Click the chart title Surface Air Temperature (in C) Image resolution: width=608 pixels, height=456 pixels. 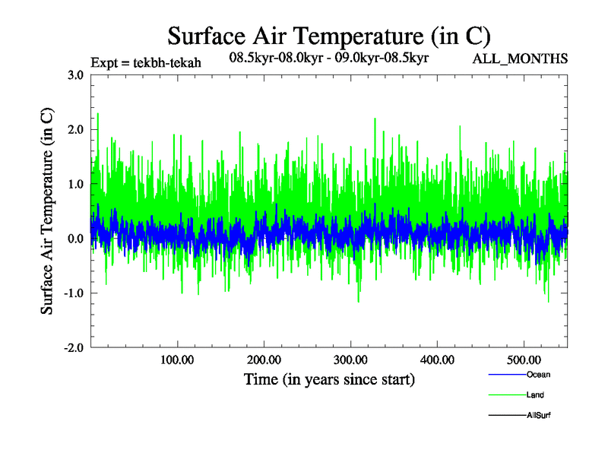[328, 36]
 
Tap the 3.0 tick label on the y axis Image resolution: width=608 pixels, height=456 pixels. [74, 74]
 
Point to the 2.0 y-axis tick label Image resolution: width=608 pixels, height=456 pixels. [74, 129]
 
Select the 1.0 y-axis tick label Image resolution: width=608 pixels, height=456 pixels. [74, 184]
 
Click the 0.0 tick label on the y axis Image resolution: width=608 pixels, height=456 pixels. [74, 239]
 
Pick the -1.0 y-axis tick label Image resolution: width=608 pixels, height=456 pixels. [73, 293]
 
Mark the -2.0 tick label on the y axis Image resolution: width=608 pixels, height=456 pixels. [73, 348]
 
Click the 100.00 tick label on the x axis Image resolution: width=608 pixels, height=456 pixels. [177, 360]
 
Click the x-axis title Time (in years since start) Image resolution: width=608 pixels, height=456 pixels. [329, 379]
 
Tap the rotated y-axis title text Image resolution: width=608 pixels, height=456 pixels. [47, 211]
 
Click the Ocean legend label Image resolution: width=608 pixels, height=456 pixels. [538, 375]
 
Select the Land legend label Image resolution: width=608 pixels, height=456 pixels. [535, 395]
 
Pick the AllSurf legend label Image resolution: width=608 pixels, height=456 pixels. [538, 416]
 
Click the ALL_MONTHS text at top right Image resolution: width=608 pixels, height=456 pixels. [520, 59]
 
